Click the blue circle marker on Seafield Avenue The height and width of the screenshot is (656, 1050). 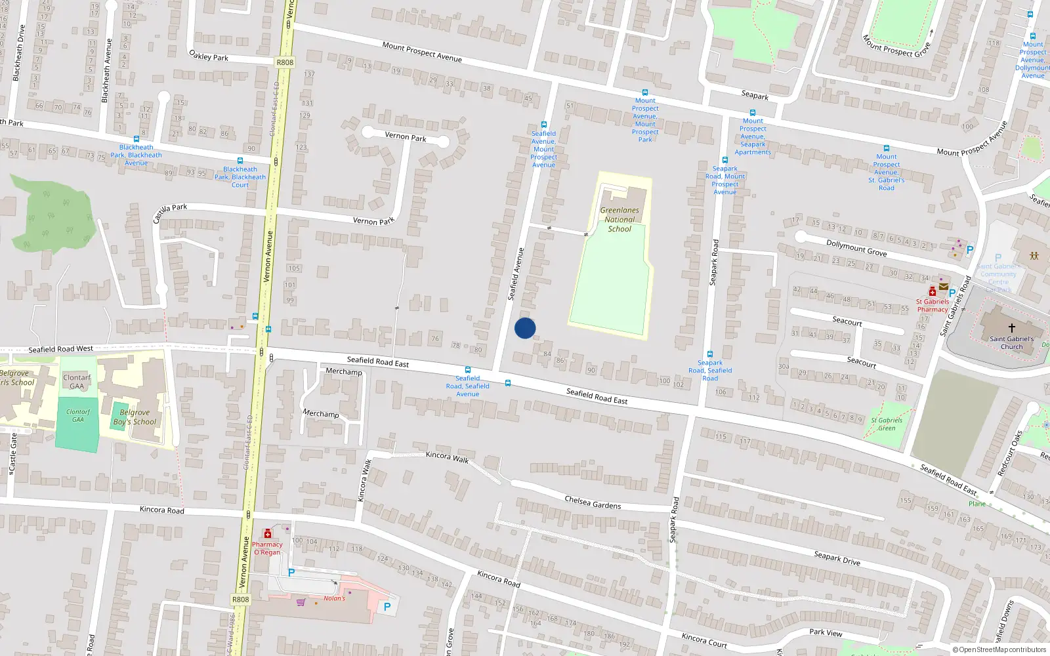click(525, 328)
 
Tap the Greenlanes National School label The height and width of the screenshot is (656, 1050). click(619, 220)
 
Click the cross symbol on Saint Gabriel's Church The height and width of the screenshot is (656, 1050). click(1011, 328)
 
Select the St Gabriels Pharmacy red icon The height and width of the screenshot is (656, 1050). click(932, 291)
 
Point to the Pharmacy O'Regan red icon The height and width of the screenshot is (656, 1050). click(267, 534)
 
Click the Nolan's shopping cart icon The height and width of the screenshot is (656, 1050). click(301, 602)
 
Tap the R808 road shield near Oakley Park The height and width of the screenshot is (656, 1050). click(285, 62)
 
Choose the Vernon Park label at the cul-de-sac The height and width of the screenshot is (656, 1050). click(406, 136)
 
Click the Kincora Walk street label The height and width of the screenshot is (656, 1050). click(448, 457)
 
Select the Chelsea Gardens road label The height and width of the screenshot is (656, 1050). click(593, 502)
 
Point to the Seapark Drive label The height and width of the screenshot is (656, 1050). click(837, 558)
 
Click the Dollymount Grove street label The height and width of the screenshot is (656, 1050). click(856, 248)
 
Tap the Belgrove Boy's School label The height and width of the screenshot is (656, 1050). click(135, 417)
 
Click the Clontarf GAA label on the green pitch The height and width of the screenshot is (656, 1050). click(78, 415)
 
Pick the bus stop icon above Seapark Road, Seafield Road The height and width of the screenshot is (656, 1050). click(709, 354)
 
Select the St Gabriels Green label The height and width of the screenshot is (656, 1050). click(887, 424)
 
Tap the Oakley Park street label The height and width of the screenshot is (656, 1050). click(209, 56)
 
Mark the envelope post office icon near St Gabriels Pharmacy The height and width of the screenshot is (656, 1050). click(944, 287)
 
